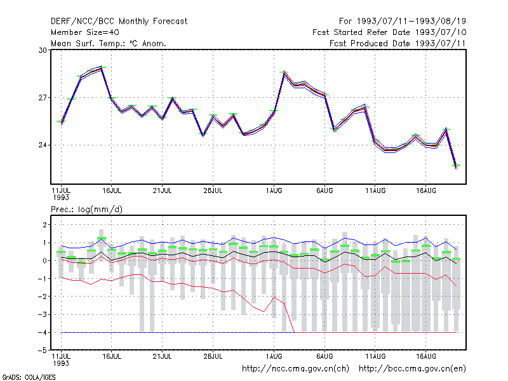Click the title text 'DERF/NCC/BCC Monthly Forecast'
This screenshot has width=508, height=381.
click(119, 22)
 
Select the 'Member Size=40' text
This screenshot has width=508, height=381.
click(85, 32)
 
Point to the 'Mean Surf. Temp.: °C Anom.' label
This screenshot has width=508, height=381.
click(109, 43)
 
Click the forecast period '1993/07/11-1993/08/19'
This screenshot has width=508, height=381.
click(411, 22)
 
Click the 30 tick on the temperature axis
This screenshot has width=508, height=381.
click(43, 50)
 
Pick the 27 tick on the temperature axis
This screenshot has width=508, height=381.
click(43, 98)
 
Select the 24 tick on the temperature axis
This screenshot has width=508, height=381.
click(43, 145)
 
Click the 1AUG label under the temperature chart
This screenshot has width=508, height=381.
click(274, 190)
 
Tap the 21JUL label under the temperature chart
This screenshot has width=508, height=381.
click(163, 190)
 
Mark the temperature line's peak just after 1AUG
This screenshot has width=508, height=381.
click(284, 72)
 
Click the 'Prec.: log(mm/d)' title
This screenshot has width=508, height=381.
click(86, 210)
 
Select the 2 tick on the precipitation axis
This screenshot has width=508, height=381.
click(45, 225)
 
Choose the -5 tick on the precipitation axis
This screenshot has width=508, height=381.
click(43, 351)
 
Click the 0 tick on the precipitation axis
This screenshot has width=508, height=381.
click(45, 261)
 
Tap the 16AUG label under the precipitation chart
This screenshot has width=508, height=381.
click(426, 356)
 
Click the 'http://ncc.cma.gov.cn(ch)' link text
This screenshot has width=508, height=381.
click(295, 369)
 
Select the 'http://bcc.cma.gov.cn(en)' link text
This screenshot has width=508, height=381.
click(412, 369)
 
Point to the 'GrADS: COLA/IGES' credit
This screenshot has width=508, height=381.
click(29, 377)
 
